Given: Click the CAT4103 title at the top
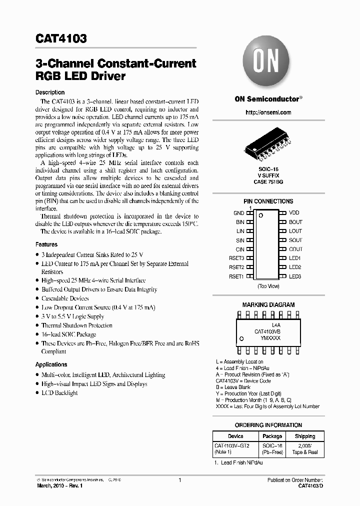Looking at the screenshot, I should tap(61, 38).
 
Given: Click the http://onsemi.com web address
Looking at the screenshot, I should tap(268, 113).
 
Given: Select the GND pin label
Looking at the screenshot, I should tap(238, 213).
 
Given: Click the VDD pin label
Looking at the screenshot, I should tap(294, 213).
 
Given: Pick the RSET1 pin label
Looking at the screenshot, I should tap(236, 276).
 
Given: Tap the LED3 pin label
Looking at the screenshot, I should tap(295, 276).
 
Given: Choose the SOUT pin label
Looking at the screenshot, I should tap(295, 240).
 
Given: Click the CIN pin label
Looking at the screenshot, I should tap(240, 249).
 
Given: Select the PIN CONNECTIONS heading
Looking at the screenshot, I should tap(268, 201).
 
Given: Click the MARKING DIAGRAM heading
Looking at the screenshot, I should tap(268, 304).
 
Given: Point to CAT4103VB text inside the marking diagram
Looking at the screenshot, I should tap(267, 331).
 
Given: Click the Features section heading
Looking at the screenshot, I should tap(46, 244).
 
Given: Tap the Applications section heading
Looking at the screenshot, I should tap(51, 364).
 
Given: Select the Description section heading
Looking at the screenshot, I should tap(50, 92).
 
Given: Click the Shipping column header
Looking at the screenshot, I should tap(304, 436).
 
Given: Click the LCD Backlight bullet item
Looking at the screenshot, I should tap(59, 393).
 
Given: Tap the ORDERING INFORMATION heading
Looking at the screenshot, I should tap(268, 425).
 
